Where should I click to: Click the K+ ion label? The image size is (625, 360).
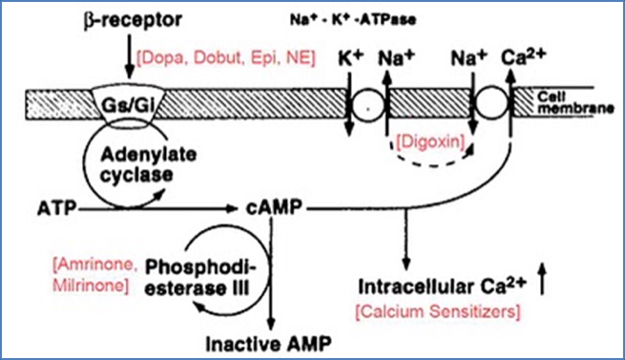[352, 58]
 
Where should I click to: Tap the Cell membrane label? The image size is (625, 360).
[573, 101]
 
